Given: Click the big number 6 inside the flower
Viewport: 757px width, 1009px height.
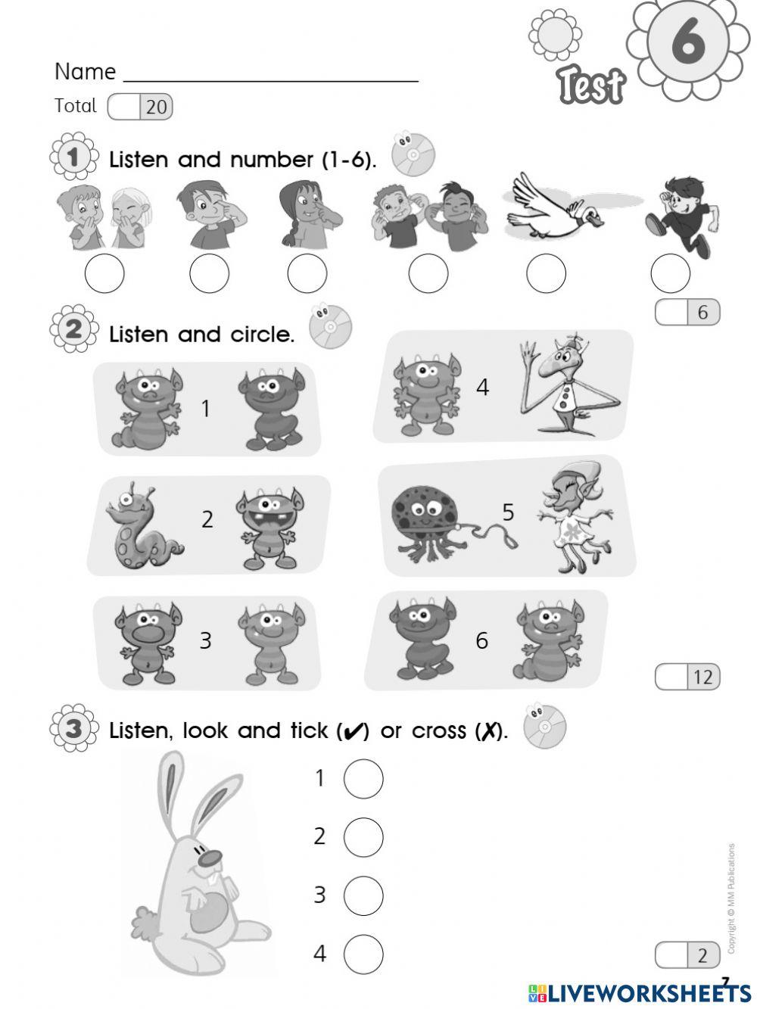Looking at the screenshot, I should coord(687,42).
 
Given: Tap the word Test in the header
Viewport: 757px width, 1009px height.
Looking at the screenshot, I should coord(591,85).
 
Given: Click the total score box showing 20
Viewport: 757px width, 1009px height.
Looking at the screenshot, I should coord(141,107).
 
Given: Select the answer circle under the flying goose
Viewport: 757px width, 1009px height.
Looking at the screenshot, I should coord(546,273).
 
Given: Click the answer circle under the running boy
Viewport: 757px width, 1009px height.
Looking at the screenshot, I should coord(671,273).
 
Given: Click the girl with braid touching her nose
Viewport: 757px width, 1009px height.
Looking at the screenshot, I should coord(307,215).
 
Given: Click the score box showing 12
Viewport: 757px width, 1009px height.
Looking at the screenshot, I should coord(687,676).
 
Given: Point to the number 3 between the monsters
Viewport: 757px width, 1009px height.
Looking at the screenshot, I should coord(205,640).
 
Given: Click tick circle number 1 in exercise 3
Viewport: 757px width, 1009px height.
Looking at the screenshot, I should coord(363,778).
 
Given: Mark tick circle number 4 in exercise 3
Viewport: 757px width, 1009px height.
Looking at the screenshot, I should coord(363,954).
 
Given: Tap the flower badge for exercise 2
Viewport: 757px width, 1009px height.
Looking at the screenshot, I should coord(73,330).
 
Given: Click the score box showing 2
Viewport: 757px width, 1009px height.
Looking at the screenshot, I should coord(687,955).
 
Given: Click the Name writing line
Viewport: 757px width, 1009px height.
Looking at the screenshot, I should coord(270,77).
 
